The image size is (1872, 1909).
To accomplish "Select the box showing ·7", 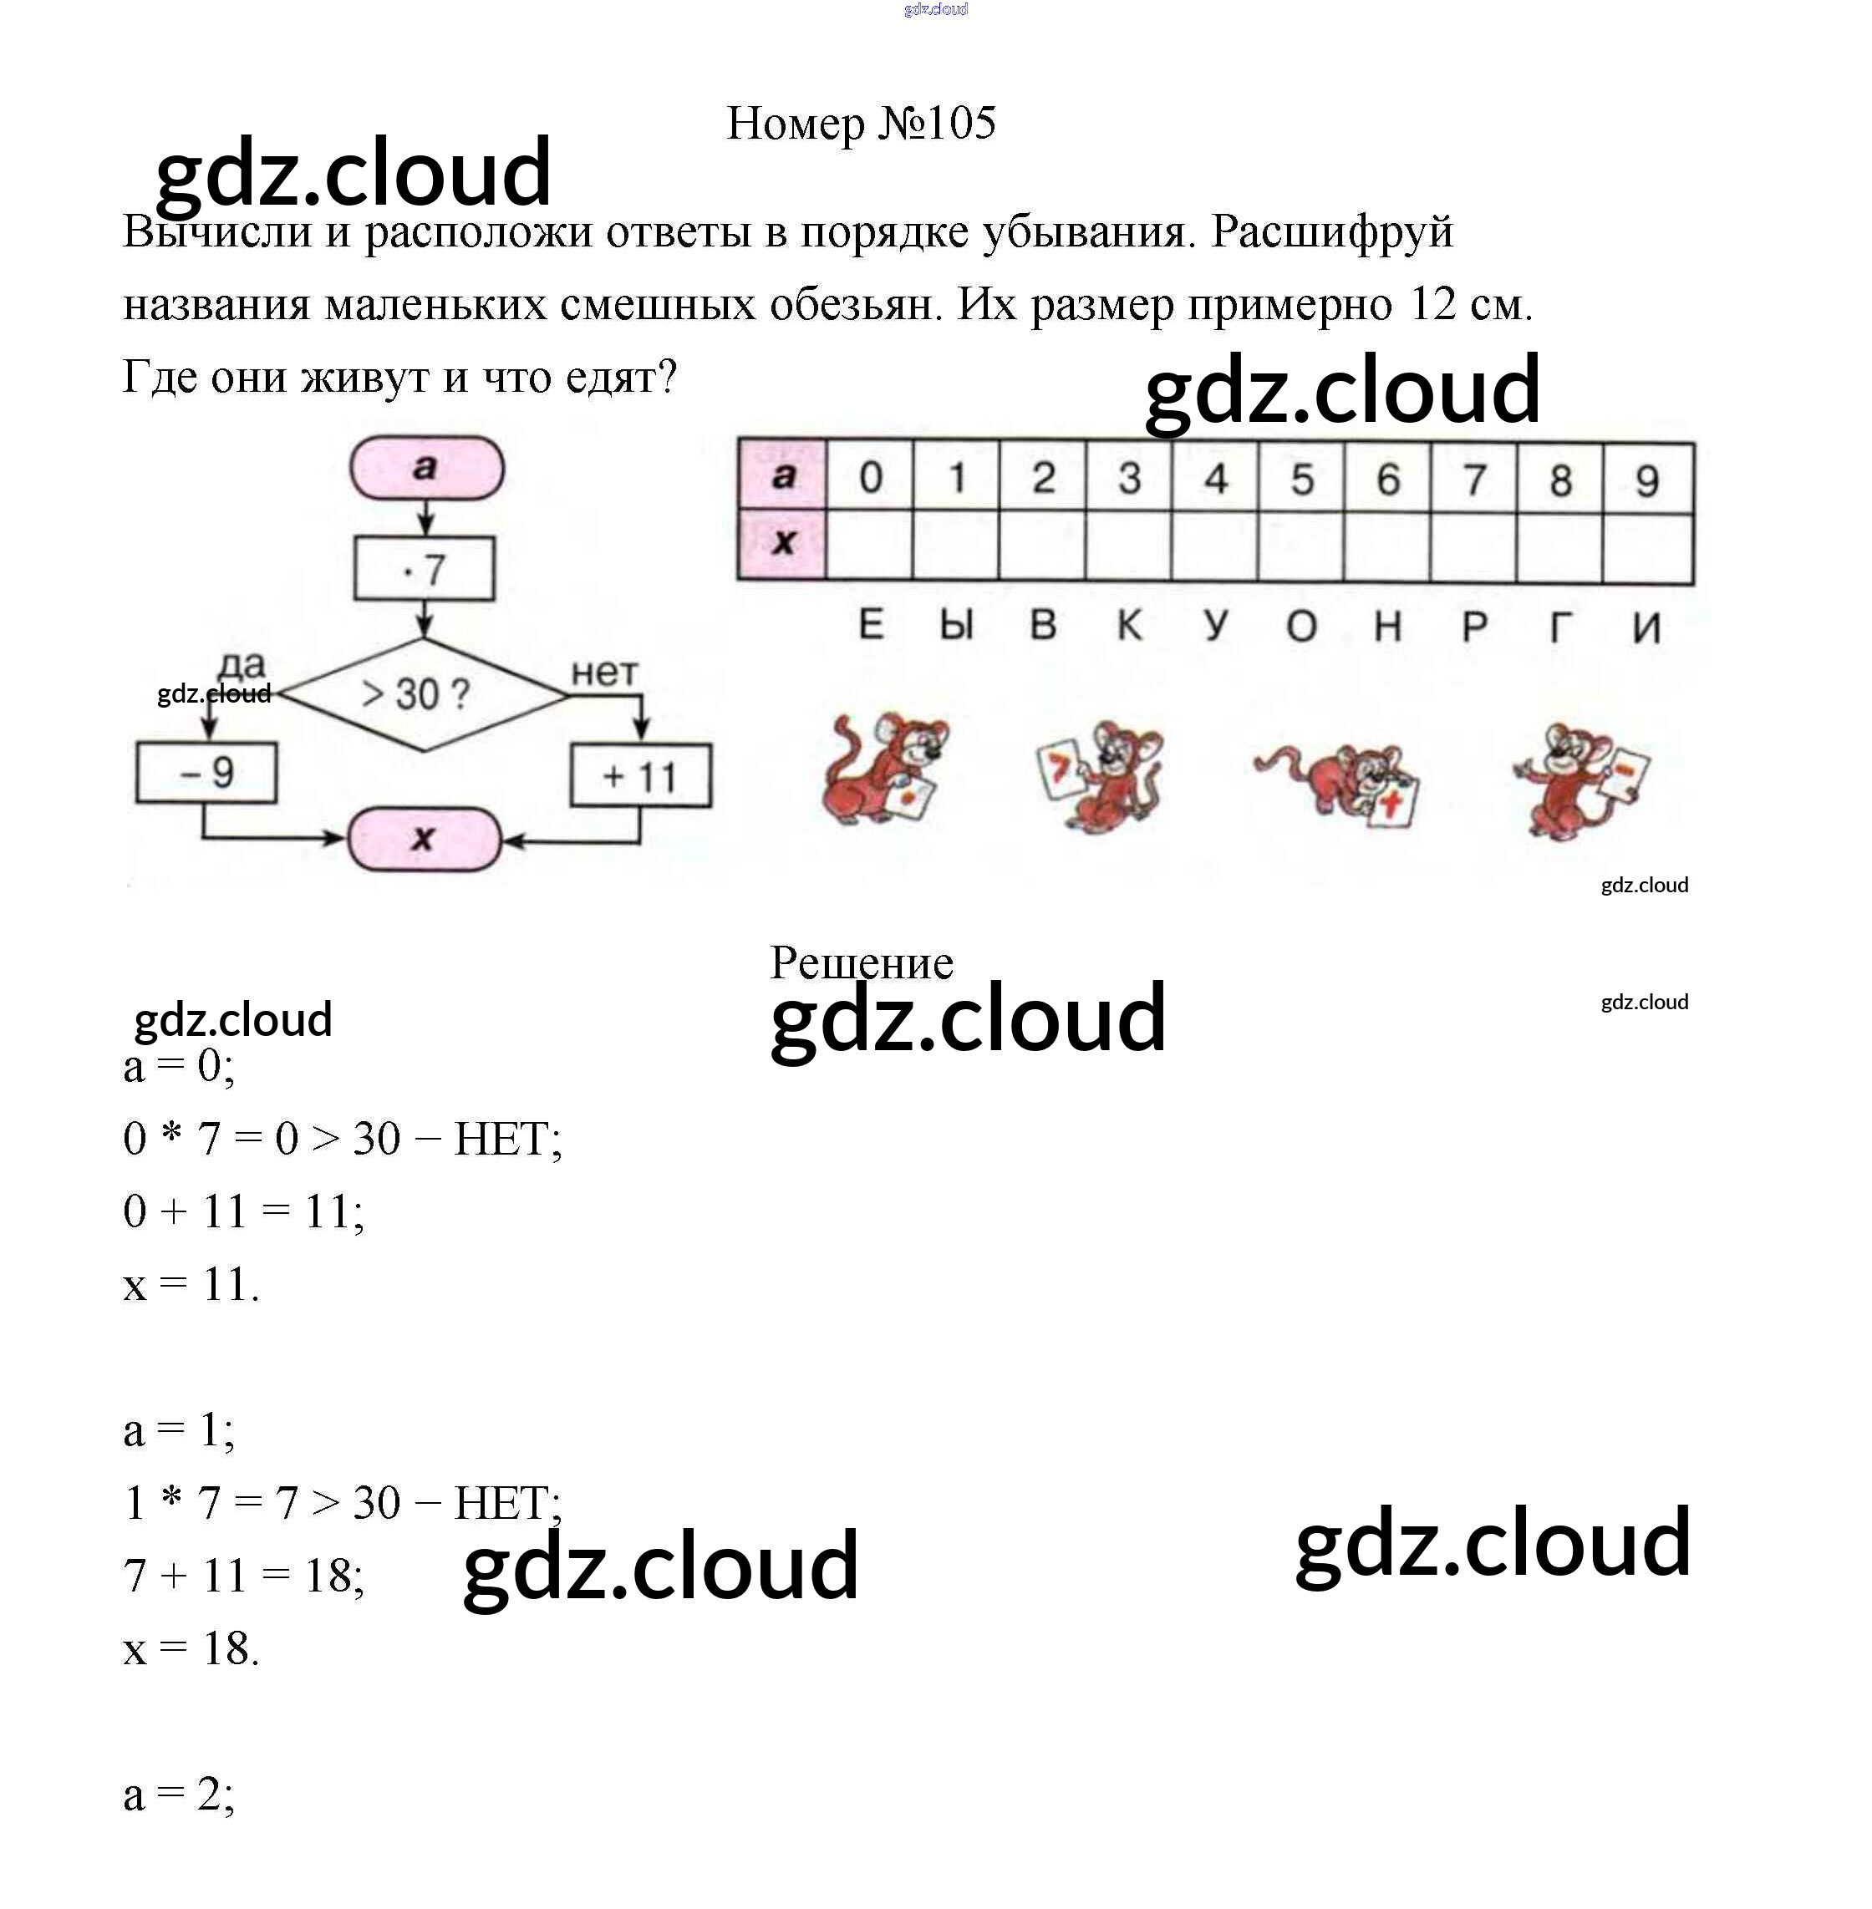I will click(x=424, y=569).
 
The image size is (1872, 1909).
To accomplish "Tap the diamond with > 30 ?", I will click(x=424, y=694).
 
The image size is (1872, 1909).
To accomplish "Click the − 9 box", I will click(x=206, y=773).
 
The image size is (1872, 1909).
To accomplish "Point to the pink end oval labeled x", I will click(x=424, y=839).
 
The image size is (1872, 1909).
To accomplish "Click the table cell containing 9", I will click(x=1647, y=480).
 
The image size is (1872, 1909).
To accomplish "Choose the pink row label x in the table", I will click(x=782, y=542).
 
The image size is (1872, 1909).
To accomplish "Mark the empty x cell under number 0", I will click(x=869, y=544).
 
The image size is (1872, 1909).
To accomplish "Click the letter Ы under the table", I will click(x=956, y=625).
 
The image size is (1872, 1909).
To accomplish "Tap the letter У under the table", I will click(x=1216, y=625).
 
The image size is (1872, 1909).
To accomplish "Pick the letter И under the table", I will click(x=1647, y=627).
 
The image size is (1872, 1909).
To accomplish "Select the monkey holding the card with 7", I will click(x=1101, y=774).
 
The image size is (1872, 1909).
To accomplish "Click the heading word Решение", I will click(x=862, y=962).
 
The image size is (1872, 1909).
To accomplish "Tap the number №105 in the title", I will click(x=937, y=123).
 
